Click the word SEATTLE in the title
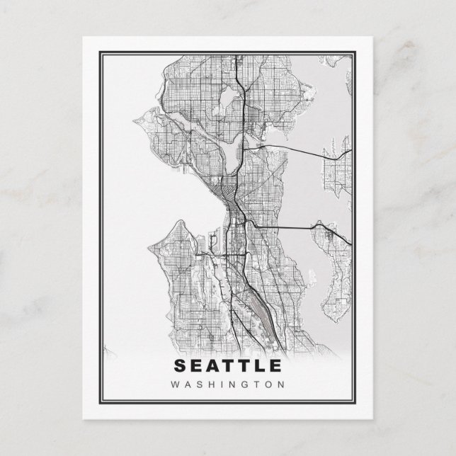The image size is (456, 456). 227,367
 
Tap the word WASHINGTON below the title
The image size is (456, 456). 227,385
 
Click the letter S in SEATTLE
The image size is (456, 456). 178,367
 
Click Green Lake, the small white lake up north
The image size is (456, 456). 229,97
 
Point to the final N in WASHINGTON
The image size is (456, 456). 282,385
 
